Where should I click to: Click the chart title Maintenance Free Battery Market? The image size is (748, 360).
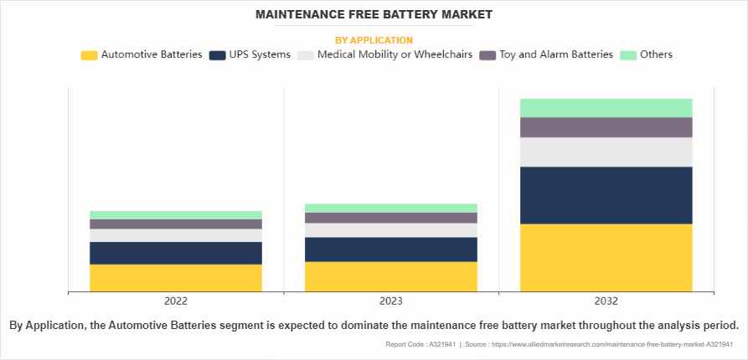[374, 14]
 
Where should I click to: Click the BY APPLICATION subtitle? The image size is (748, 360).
[374, 39]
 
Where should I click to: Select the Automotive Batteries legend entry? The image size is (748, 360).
[142, 54]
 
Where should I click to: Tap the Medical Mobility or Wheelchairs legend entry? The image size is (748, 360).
[384, 54]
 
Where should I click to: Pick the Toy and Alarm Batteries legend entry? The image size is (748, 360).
[546, 54]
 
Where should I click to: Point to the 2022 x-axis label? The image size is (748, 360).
[176, 301]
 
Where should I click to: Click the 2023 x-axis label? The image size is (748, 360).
[391, 301]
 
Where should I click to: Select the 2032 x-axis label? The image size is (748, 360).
[606, 301]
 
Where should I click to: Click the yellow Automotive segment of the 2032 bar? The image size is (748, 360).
[606, 258]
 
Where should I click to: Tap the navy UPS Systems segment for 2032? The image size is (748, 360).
[606, 195]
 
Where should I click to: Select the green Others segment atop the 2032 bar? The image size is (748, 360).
[606, 107]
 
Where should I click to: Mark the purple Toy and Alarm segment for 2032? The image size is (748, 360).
[606, 127]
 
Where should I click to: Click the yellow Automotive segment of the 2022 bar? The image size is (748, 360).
[176, 278]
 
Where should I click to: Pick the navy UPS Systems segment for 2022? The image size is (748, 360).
[176, 253]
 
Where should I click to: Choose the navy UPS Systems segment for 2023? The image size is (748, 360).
[391, 249]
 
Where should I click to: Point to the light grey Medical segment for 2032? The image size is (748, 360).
[606, 152]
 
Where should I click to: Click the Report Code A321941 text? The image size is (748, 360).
[420, 345]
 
